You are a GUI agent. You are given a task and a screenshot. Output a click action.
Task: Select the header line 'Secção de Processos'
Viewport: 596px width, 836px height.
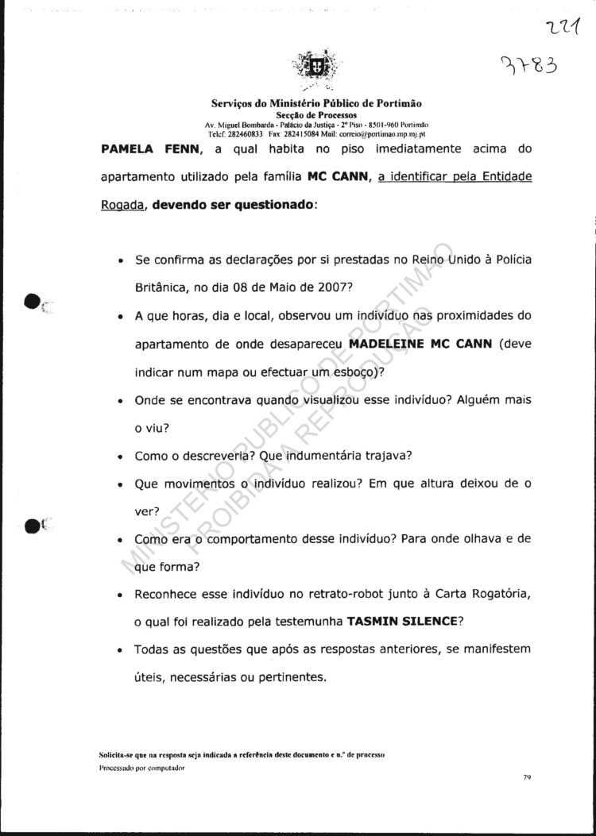tap(316, 115)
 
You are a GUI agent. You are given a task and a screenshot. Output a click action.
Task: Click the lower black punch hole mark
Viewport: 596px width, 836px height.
tap(33, 524)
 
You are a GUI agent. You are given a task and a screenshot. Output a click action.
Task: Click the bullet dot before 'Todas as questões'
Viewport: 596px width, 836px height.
tap(118, 651)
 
